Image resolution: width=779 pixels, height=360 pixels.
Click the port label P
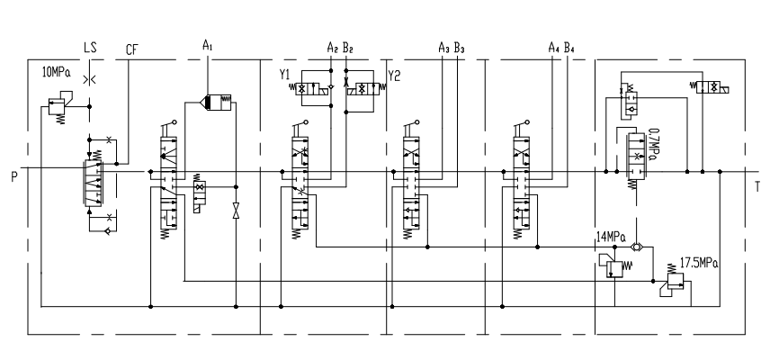pyautogui.click(x=13, y=175)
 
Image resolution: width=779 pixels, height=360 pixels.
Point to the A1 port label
pyautogui.click(x=209, y=43)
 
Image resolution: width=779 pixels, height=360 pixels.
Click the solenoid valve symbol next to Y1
pyautogui.click(x=317, y=89)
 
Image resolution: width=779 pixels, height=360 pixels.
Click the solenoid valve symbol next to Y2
pyautogui.click(x=366, y=89)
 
